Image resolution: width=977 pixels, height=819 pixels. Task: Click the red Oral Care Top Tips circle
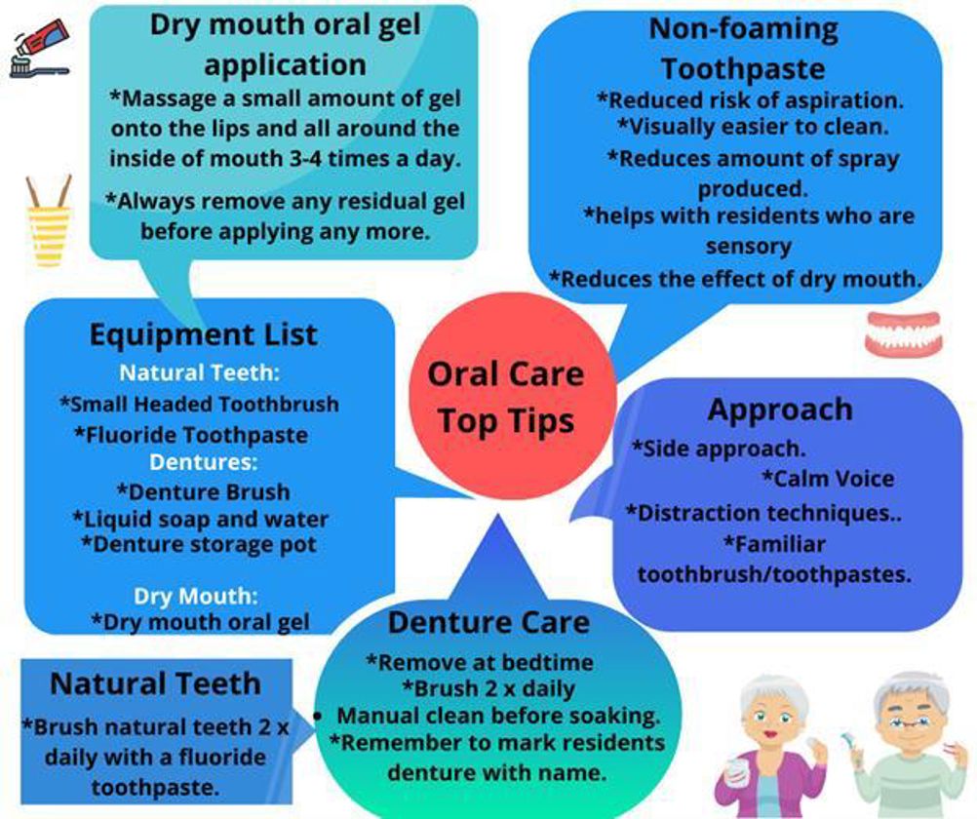point(512,397)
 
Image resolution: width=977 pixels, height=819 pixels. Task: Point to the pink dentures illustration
point(903,334)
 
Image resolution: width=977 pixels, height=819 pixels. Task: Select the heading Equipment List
point(204,334)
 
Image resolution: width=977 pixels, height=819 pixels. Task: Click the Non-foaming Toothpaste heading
point(743,49)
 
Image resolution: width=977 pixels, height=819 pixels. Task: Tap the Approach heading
point(780,409)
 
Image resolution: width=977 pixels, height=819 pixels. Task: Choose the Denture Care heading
point(488,623)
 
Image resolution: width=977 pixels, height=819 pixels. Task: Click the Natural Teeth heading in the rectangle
point(156,683)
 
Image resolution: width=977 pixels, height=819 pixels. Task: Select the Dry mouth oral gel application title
point(286,45)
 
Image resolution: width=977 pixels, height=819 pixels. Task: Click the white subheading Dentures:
point(203,462)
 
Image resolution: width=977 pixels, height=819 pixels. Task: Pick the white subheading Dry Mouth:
point(196,597)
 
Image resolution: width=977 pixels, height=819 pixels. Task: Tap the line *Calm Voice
point(828,479)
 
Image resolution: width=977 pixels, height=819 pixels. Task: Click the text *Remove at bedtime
point(480,662)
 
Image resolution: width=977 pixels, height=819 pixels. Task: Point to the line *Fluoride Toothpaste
point(191,435)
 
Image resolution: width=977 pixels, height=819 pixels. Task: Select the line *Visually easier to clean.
point(753,127)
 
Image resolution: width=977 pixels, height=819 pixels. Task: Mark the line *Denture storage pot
point(199,545)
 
